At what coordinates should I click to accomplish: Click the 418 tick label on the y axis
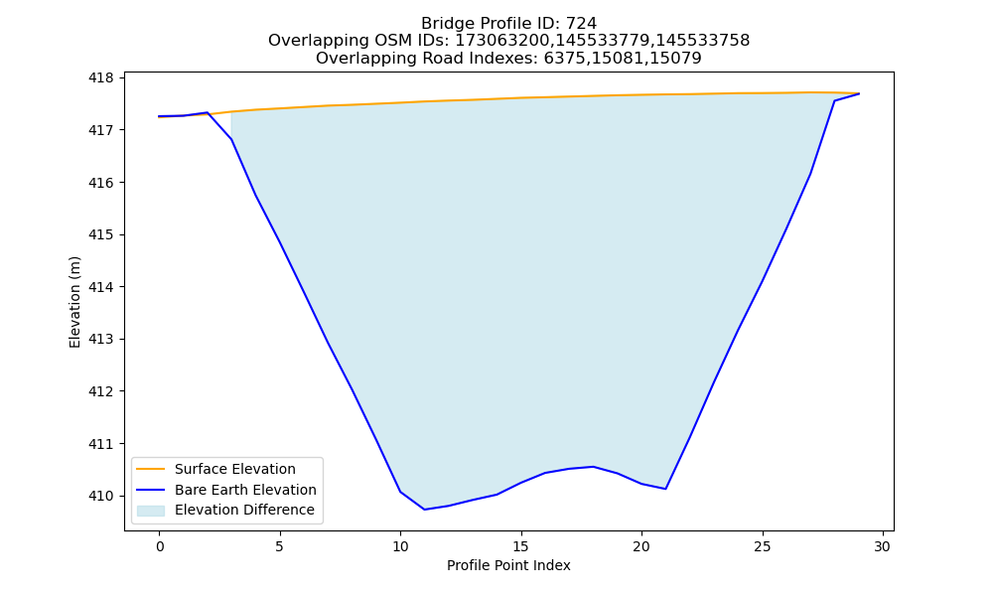[100, 77]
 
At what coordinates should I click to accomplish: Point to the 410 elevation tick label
[100, 496]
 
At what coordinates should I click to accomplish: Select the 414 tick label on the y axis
[100, 287]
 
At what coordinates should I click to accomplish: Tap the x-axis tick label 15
[521, 546]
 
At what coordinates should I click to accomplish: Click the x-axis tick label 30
[883, 546]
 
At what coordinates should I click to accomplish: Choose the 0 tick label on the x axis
[160, 546]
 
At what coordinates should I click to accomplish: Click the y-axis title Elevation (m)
[74, 302]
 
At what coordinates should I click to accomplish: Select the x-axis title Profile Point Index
[508, 565]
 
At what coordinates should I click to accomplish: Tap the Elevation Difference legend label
[244, 510]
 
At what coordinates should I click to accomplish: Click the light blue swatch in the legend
[151, 511]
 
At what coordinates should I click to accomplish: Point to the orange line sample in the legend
[151, 469]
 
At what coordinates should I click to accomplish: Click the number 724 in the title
[581, 24]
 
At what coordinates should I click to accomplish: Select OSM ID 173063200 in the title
[502, 41]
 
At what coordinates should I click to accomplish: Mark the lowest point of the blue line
[424, 510]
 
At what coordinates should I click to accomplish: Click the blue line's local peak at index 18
[594, 467]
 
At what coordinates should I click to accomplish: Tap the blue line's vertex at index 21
[665, 489]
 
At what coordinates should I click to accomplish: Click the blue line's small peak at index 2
[208, 112]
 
